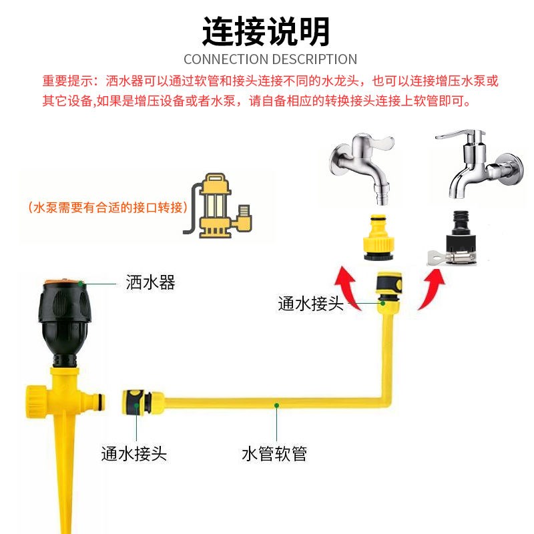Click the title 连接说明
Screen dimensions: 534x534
pos(266,31)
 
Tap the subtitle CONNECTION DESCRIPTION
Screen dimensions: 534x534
pos(270,59)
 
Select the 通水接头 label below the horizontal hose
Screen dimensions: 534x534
pos(133,455)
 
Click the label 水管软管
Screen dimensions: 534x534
pos(274,455)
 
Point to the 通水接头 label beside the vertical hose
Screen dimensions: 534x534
pos(310,304)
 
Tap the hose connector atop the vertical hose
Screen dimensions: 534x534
pos(386,291)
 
